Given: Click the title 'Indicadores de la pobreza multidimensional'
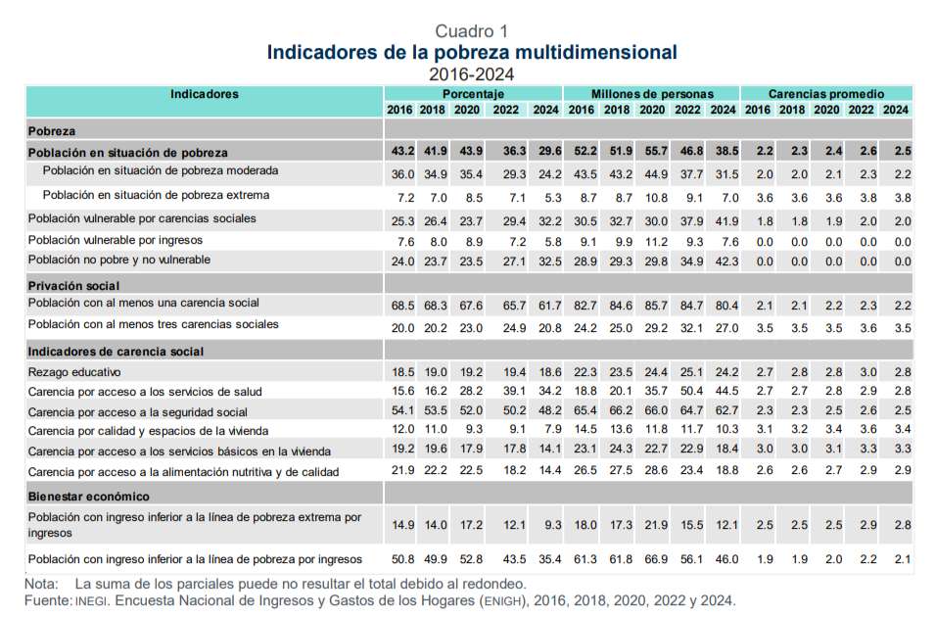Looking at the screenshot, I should pyautogui.click(x=471, y=52).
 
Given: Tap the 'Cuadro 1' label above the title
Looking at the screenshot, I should pyautogui.click(x=471, y=30).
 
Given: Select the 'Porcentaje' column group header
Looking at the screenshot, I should pyautogui.click(x=473, y=94).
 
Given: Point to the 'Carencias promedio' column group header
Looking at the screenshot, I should pyautogui.click(x=825, y=94).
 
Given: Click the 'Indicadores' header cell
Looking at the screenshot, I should pyautogui.click(x=204, y=94).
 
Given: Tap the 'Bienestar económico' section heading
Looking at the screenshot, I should pyautogui.click(x=88, y=498).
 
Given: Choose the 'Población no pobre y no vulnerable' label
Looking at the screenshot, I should pyautogui.click(x=119, y=261).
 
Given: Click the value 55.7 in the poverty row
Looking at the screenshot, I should pyautogui.click(x=652, y=152).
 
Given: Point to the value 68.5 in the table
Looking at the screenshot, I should pyautogui.click(x=402, y=306).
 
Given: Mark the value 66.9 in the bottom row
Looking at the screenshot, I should pyautogui.click(x=652, y=559).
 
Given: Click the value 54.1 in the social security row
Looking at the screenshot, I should pyautogui.click(x=402, y=412).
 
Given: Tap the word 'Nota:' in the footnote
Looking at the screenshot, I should pyautogui.click(x=42, y=584).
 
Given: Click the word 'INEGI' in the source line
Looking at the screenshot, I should pyautogui.click(x=91, y=600).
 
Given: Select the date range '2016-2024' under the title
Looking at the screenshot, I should pyautogui.click(x=471, y=73).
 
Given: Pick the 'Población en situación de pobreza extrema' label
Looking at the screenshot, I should pyautogui.click(x=156, y=196).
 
